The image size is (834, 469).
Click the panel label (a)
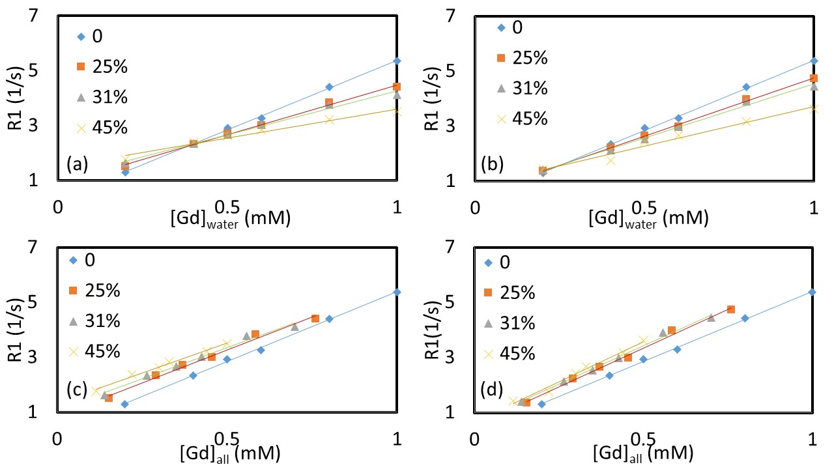pos(77,164)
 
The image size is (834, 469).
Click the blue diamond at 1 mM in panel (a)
pos(397,61)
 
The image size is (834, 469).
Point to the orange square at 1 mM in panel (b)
pos(814,78)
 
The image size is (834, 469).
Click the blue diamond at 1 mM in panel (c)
pos(397,292)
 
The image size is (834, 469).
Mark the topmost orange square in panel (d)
pos(731,309)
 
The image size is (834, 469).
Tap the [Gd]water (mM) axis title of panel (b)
pos(648,217)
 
